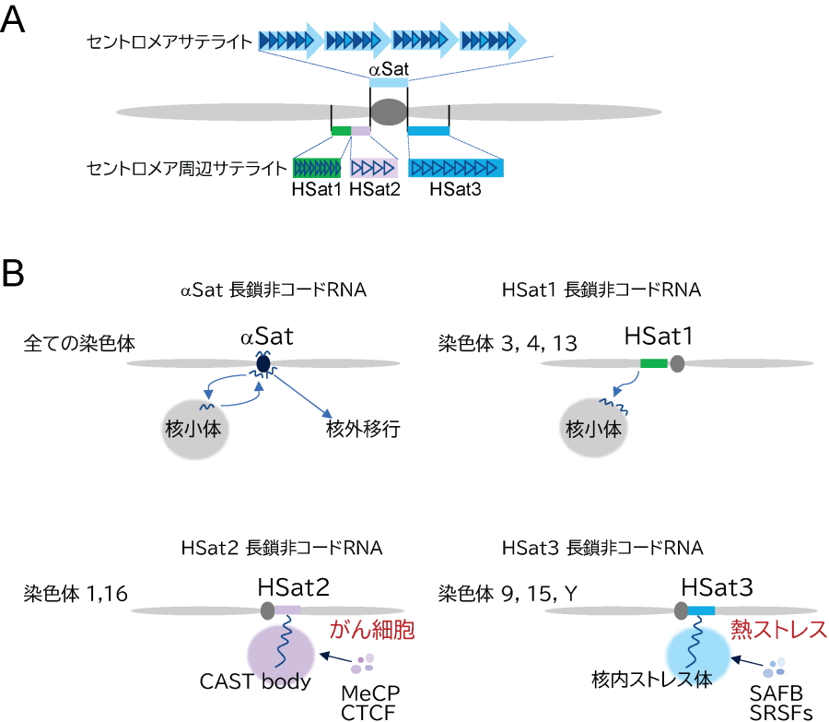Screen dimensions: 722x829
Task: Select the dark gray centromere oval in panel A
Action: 389,112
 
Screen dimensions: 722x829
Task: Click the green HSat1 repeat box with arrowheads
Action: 317,168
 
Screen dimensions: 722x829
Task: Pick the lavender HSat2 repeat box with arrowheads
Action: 373,168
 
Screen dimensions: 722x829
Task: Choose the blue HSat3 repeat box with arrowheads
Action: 456,168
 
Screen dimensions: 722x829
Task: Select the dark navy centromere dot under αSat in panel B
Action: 263,365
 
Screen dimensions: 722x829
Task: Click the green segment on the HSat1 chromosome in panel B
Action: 654,364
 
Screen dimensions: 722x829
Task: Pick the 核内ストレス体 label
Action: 653,680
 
